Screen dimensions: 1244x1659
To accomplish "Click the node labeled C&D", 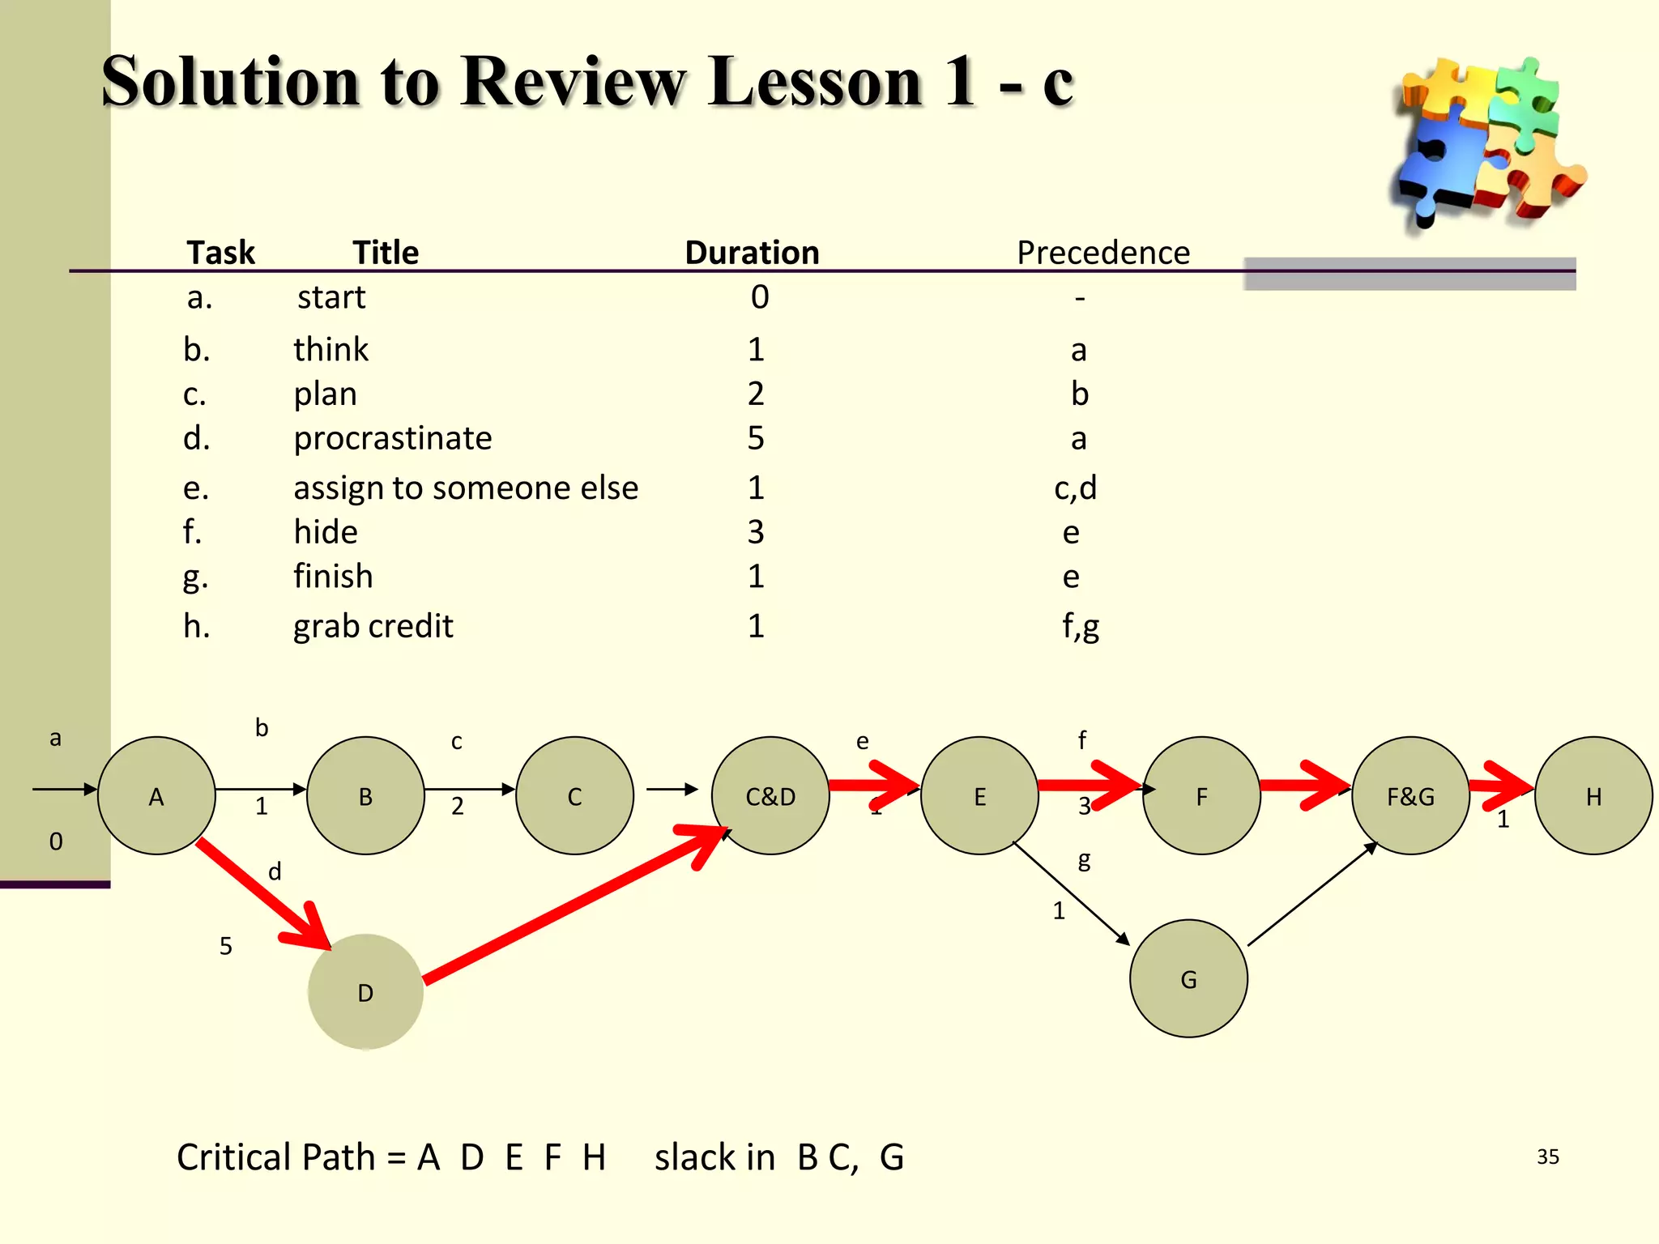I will point(770,795).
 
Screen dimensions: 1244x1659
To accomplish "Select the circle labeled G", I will point(1188,978).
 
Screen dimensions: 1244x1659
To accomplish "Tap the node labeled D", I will point(365,991).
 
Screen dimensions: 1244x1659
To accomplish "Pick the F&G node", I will point(1410,795).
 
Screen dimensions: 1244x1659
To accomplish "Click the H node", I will point(1593,795).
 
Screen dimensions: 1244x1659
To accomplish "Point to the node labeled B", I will point(365,795).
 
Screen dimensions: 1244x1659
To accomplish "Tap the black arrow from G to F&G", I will point(1312,894).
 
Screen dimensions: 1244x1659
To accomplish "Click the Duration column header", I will point(752,253).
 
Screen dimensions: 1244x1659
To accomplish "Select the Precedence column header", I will point(1102,253).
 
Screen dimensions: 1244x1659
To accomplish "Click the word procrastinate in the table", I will point(392,438).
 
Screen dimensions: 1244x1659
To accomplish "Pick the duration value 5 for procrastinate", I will point(755,438).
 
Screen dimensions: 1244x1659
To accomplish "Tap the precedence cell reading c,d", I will point(1075,488).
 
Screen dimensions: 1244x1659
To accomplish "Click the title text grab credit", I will point(373,626).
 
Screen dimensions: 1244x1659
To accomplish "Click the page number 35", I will point(1547,1157).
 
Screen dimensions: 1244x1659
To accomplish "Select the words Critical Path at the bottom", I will point(275,1157).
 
